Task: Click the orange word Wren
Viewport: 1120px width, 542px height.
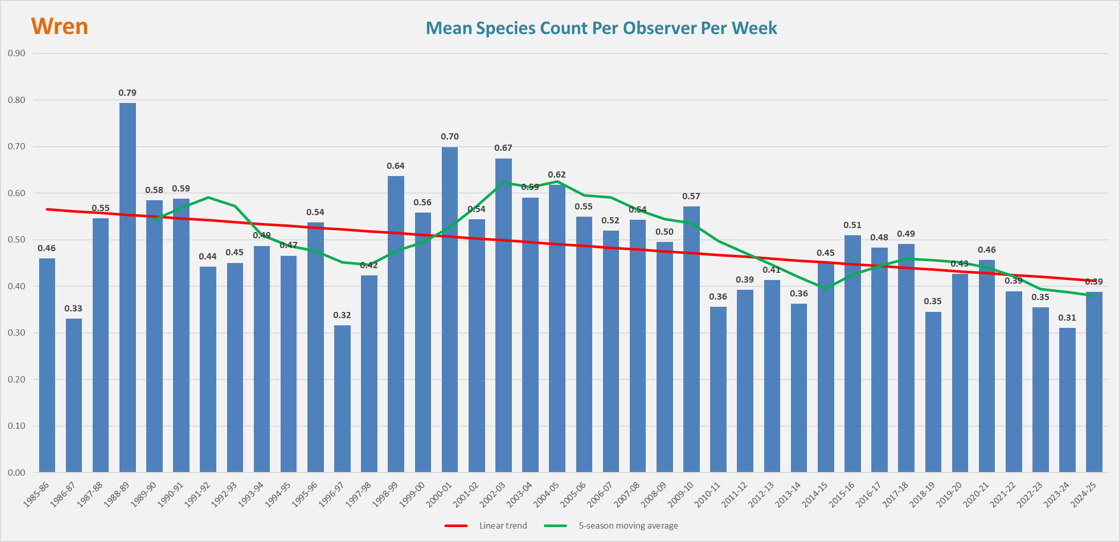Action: tap(60, 26)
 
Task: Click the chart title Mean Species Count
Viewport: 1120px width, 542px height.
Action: tap(601, 28)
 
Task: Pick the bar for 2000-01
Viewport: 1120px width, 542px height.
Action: tap(450, 309)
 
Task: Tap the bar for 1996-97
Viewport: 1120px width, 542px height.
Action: tap(342, 398)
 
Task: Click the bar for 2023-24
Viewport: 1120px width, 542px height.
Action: tap(1067, 399)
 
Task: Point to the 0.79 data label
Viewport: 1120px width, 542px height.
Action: tap(128, 93)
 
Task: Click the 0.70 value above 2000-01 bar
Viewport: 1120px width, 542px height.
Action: tap(450, 136)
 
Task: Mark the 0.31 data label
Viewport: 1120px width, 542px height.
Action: tap(1067, 318)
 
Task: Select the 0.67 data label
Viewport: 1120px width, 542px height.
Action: tap(503, 148)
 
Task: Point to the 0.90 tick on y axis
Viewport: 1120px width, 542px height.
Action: tap(16, 54)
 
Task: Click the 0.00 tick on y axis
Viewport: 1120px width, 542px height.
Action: tap(16, 473)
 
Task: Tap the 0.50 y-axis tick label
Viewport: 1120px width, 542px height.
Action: tap(16, 240)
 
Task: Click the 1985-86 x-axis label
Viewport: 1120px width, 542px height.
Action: tap(36, 494)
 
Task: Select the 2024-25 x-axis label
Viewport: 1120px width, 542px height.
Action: tap(1083, 494)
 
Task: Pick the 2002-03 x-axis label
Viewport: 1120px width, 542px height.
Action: tap(492, 494)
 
